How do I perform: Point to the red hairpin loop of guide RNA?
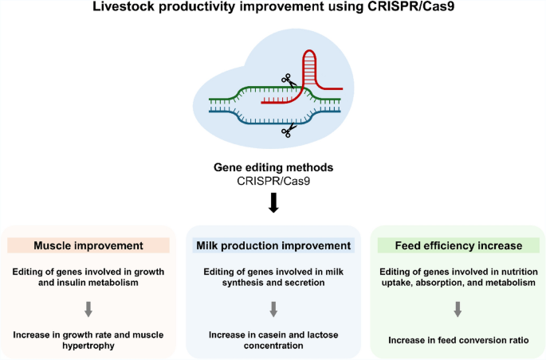pyautogui.click(x=312, y=68)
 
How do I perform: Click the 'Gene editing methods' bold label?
pyautogui.click(x=273, y=170)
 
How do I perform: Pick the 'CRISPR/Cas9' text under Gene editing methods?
pyautogui.click(x=273, y=183)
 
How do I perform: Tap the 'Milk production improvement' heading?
pyautogui.click(x=273, y=245)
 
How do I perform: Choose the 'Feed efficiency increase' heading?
pyautogui.click(x=458, y=245)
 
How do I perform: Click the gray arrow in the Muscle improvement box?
pyautogui.click(x=88, y=307)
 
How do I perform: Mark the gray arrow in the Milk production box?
pyautogui.click(x=273, y=307)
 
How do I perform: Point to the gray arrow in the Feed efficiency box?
pyautogui.click(x=458, y=307)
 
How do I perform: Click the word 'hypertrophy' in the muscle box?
pyautogui.click(x=88, y=346)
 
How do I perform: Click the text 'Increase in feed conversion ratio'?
pyautogui.click(x=458, y=340)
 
